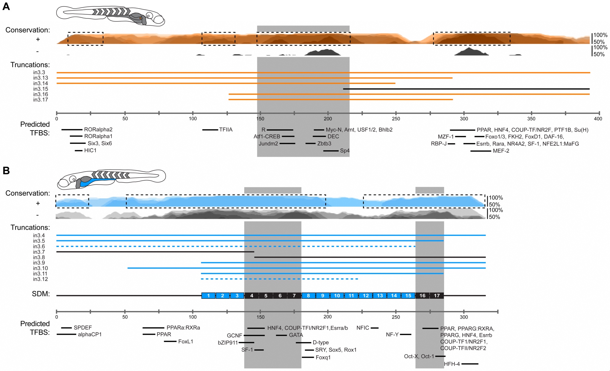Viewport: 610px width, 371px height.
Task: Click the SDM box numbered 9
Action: [x=323, y=295]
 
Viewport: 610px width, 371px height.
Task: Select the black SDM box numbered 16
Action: [x=422, y=295]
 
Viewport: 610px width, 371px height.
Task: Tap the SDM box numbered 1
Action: [x=208, y=295]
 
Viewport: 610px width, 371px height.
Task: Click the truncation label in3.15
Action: [x=41, y=89]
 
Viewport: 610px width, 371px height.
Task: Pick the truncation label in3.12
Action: [x=41, y=279]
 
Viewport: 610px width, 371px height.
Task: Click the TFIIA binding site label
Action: [x=226, y=130]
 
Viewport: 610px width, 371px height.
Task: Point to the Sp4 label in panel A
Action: [x=345, y=151]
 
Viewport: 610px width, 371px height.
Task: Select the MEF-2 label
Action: [x=501, y=151]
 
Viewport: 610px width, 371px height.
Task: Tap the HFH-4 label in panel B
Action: [x=452, y=364]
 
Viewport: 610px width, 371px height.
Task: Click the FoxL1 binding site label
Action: [x=185, y=341]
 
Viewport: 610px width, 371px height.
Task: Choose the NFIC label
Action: [x=363, y=328]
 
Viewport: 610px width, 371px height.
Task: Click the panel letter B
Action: [x=6, y=170]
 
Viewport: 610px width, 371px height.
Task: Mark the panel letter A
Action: [x=6, y=6]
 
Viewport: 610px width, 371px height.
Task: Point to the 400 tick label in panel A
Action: [x=598, y=119]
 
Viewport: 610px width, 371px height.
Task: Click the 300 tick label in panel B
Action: [x=464, y=317]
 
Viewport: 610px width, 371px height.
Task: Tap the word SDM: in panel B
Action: [x=41, y=294]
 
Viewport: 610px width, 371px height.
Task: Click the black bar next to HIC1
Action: [x=79, y=151]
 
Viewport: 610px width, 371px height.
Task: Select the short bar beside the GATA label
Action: [x=281, y=335]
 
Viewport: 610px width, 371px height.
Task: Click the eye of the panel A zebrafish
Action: [x=149, y=16]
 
